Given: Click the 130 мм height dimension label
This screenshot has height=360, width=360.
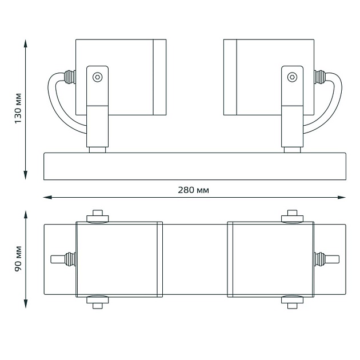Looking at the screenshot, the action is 18,109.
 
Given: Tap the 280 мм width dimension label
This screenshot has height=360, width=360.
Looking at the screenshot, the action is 193,190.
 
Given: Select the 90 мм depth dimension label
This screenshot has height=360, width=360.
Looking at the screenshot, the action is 18,259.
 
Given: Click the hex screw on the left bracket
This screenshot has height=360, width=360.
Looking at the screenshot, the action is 97,77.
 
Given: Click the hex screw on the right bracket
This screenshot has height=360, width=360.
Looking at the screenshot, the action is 292,77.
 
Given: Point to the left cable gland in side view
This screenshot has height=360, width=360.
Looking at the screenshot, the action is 70,77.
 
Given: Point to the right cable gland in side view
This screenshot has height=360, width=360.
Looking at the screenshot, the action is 320,77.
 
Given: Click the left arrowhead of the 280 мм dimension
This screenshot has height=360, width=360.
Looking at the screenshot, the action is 47,197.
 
